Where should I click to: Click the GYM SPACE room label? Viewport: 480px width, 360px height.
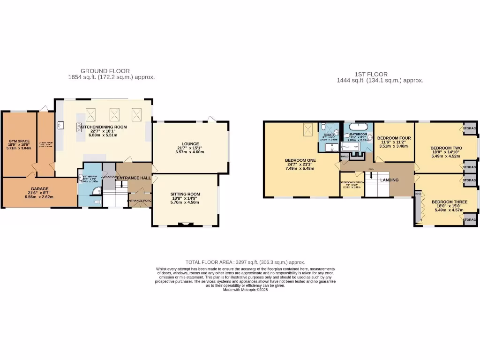19,141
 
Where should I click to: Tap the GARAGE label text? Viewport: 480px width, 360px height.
40,189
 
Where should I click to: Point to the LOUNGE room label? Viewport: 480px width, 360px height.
190,144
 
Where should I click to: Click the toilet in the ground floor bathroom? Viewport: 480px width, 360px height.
97,202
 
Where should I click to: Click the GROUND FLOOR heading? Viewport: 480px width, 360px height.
105,71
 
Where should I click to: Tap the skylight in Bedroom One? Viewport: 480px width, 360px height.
307,128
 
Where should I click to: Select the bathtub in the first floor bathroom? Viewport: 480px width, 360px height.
358,126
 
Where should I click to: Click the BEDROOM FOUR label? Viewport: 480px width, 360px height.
394,138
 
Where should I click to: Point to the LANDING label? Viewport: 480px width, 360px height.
389,180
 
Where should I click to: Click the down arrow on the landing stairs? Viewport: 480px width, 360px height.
371,176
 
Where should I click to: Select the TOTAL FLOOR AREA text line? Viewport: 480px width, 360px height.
245,262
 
